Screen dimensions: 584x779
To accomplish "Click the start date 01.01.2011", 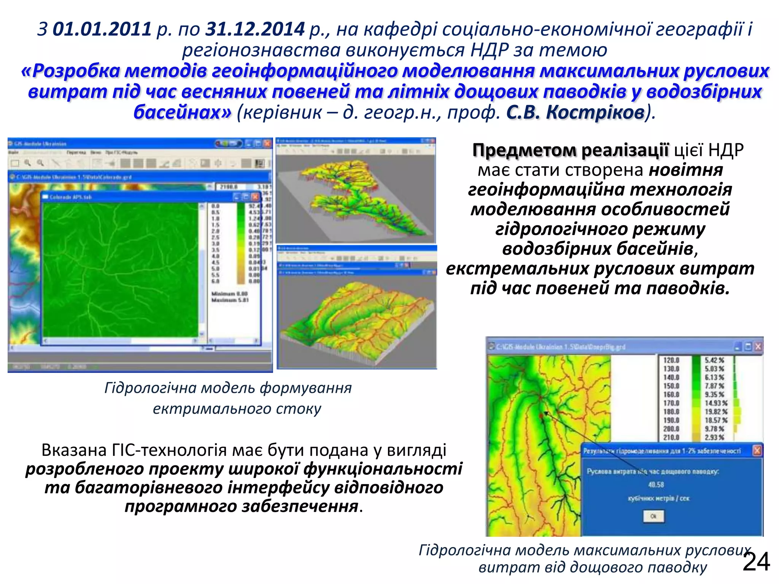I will tap(102, 29).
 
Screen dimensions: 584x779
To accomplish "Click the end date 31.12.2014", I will tap(255, 29).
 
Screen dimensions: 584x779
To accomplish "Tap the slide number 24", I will tap(756, 562).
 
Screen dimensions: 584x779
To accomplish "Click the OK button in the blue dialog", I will tap(653, 516).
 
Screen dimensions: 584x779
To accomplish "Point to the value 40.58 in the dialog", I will tap(656, 485).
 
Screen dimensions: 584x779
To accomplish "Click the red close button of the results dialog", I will tap(757, 451).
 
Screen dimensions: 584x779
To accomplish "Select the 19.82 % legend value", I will tap(716, 412).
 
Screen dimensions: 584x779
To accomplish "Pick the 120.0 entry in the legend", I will tap(671, 360).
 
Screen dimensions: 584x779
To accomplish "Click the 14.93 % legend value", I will tap(716, 403).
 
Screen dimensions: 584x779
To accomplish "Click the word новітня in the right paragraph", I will tap(685, 170).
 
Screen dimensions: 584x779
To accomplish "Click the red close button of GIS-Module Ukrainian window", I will tap(267, 144).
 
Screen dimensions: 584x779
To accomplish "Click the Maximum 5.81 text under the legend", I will tap(230, 300).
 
